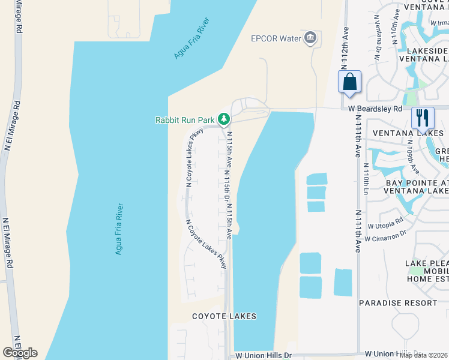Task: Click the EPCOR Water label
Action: click(275, 39)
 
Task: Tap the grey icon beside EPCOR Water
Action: click(310, 38)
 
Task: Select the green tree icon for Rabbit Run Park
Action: click(223, 119)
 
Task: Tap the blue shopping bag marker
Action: click(350, 83)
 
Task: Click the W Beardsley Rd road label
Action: click(375, 109)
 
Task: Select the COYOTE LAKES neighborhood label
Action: click(224, 316)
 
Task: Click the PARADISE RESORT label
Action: click(390, 303)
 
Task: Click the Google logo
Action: click(20, 353)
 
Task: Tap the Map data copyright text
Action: click(423, 355)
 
